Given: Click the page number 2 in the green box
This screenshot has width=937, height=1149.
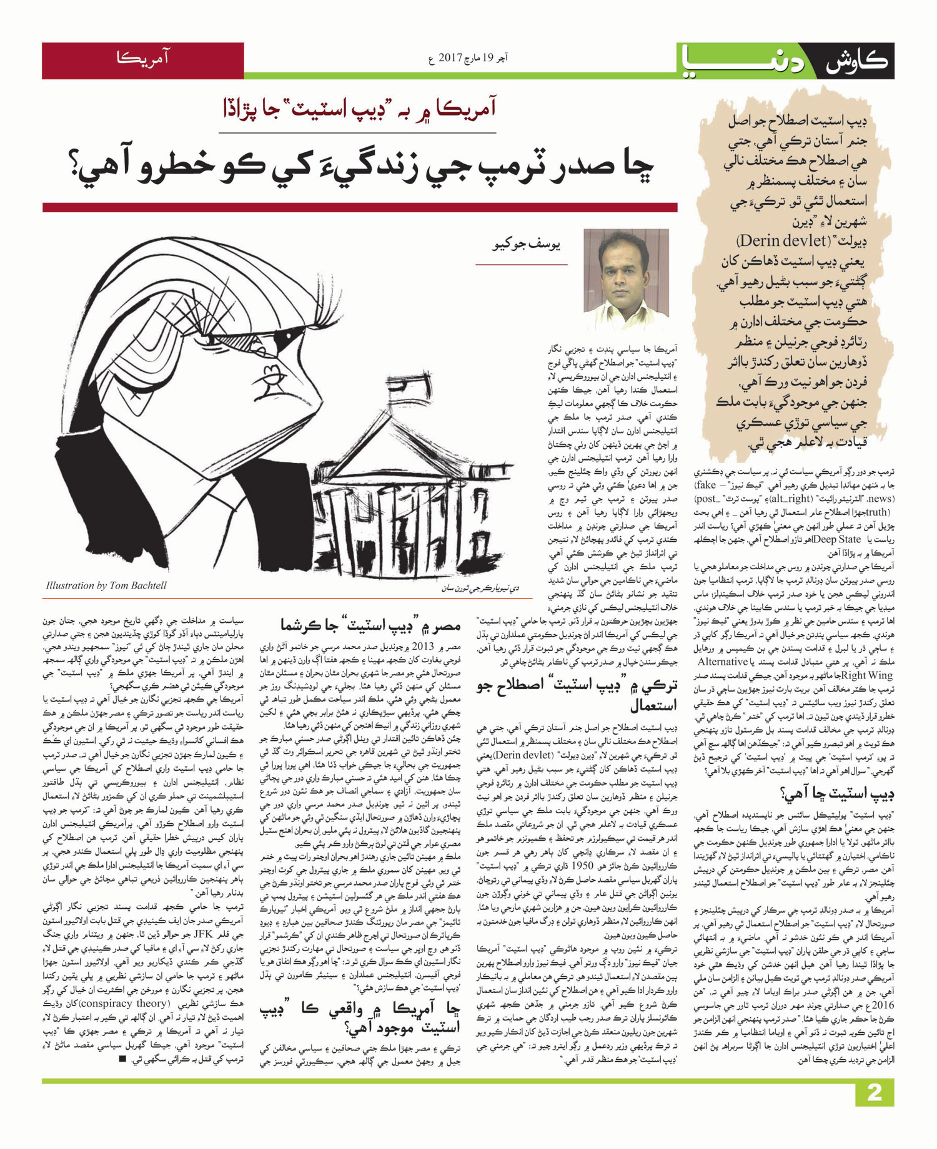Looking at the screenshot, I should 873,1111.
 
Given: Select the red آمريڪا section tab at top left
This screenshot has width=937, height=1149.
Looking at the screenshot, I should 142,61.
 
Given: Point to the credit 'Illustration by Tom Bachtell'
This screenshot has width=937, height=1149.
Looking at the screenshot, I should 106,585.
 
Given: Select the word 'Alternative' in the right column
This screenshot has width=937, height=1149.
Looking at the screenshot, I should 723,662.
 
